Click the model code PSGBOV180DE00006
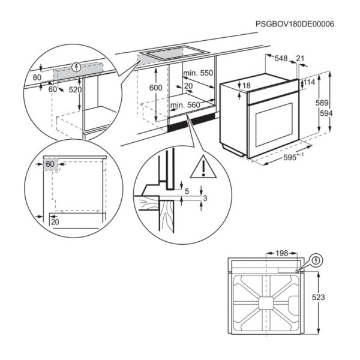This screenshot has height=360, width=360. (295, 24)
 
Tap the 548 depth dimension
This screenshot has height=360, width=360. (281, 59)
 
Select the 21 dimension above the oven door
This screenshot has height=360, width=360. (300, 58)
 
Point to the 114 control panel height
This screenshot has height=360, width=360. (309, 82)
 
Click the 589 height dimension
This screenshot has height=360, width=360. (322, 103)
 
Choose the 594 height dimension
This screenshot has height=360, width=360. (326, 113)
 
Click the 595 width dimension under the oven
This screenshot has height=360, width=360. (293, 157)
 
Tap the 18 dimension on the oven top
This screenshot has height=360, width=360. (246, 86)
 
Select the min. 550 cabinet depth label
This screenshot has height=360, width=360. (198, 73)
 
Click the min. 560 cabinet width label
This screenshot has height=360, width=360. (185, 105)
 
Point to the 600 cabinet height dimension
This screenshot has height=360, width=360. (155, 88)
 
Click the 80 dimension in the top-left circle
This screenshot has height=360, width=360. (37, 77)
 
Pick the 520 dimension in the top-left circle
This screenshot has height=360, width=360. (75, 89)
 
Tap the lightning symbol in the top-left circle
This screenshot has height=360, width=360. (76, 67)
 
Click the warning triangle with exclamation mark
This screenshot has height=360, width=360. (203, 167)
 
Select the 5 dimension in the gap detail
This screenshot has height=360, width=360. (187, 191)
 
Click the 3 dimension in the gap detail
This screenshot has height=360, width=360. (205, 198)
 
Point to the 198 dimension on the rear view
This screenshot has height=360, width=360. (282, 253)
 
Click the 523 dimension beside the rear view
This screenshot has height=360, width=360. (319, 298)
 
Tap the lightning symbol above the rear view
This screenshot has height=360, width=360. (317, 260)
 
